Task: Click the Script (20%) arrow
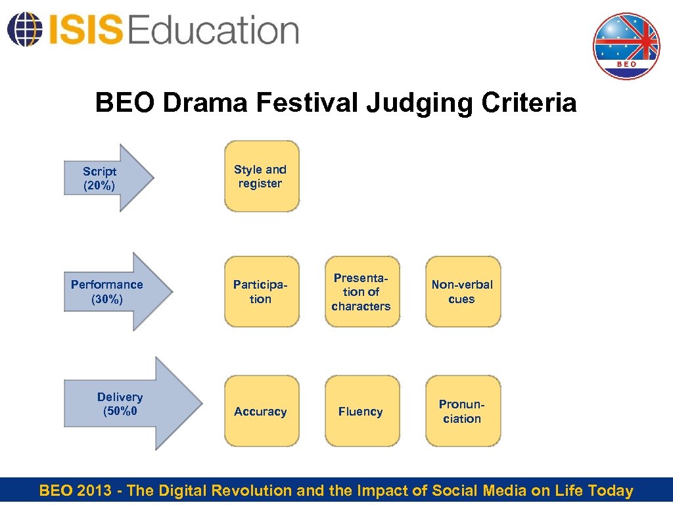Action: pos(105,178)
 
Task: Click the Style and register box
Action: pos(261,176)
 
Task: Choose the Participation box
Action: pos(261,292)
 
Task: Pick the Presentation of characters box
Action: pos(361,292)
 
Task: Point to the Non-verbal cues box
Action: pos(462,292)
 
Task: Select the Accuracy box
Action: pos(261,412)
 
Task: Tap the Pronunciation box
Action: pos(462,412)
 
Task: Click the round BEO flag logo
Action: pos(626,46)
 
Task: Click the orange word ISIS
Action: pos(84,30)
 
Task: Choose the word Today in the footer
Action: pos(611,491)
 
